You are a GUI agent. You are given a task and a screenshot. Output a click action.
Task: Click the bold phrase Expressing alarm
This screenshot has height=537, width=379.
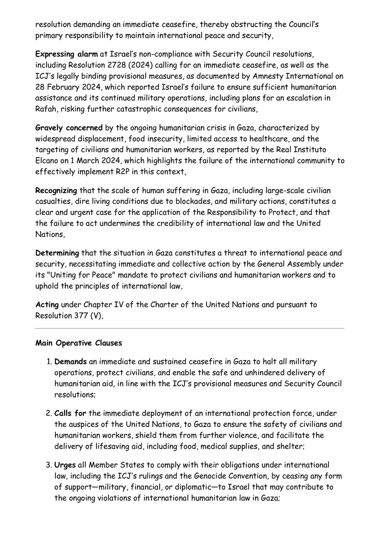tap(63, 54)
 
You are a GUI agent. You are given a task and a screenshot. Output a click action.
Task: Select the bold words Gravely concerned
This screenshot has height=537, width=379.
tap(69, 128)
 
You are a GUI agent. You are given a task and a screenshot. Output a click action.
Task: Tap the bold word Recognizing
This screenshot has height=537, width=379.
tap(56, 191)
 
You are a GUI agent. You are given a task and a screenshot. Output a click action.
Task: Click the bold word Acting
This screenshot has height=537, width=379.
tap(47, 305)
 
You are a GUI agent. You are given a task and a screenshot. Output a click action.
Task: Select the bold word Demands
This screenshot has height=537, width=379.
tap(70, 361)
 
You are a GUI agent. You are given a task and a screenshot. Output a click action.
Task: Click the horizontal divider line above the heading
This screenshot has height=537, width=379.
tap(189, 329)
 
